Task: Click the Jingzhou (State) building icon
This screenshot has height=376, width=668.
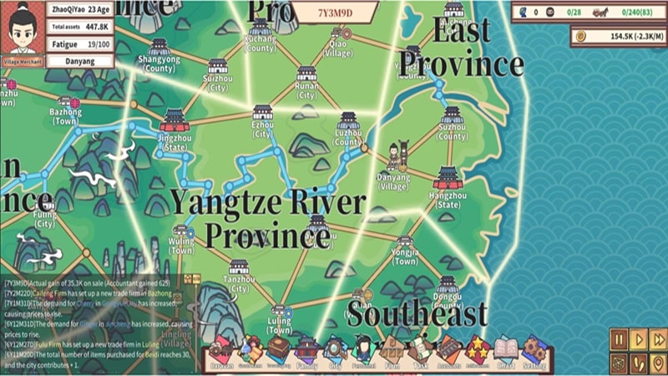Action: click(x=175, y=119)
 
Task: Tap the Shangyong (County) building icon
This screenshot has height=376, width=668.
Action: click(x=159, y=48)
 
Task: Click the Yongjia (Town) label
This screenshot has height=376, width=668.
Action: click(x=405, y=257)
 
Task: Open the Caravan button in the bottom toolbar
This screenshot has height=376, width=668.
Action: click(x=222, y=350)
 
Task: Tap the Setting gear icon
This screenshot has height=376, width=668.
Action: click(x=534, y=350)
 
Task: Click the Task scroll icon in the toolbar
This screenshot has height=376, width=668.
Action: click(x=422, y=350)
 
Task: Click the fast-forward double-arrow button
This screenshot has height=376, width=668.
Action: click(x=658, y=338)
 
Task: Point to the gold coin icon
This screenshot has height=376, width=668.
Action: click(x=582, y=36)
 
